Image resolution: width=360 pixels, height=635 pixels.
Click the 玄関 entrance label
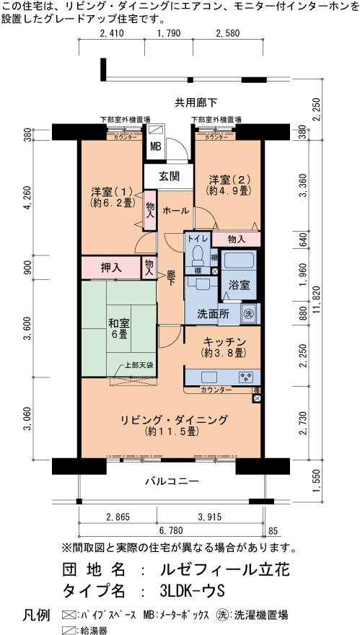[169, 177]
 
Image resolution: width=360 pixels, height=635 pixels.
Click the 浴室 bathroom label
[240, 285]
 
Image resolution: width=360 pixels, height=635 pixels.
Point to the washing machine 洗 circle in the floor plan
[248, 314]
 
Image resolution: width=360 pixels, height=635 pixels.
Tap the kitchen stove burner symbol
[247, 377]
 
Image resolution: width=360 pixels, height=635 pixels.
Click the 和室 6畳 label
[118, 329]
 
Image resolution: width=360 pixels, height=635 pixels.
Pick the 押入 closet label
[110, 268]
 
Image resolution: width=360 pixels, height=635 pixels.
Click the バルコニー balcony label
[172, 481]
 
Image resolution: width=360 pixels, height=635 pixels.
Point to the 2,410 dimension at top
[111, 33]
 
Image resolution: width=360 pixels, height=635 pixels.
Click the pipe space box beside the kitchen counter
[257, 399]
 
